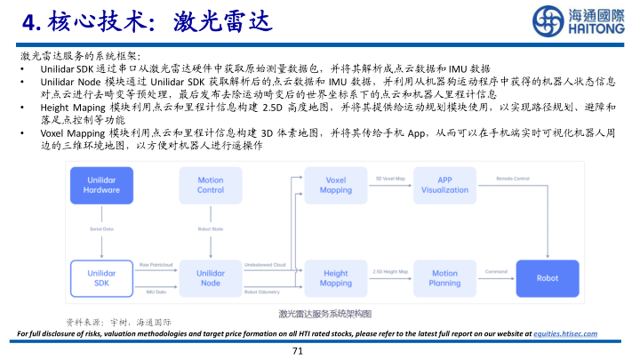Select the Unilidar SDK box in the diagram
tap(101, 277)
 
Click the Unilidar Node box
tap(211, 277)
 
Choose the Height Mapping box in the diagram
tap(335, 277)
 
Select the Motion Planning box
tap(444, 277)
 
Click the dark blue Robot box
tap(548, 277)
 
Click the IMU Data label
tap(153, 291)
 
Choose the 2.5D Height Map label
tap(390, 271)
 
